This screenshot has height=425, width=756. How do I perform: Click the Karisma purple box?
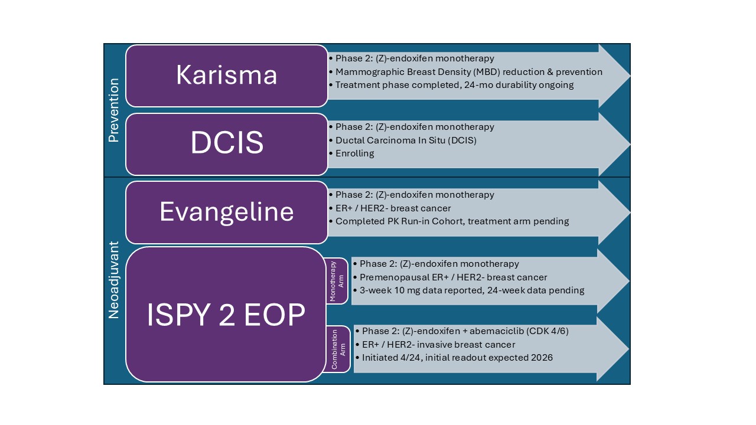pyautogui.click(x=226, y=76)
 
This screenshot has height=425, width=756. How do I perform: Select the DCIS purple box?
pyautogui.click(x=226, y=145)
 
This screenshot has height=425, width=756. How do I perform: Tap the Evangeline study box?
pyautogui.click(x=226, y=212)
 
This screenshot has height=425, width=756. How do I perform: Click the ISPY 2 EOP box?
pyautogui.click(x=226, y=315)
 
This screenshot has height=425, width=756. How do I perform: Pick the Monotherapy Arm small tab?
pyautogui.click(x=337, y=281)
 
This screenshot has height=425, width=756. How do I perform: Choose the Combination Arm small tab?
pyautogui.click(x=338, y=349)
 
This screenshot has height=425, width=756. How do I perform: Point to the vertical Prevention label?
pyautogui.click(x=114, y=110)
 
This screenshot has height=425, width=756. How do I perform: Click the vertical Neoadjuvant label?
pyautogui.click(x=114, y=280)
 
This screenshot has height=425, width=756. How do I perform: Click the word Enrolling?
pyautogui.click(x=355, y=153)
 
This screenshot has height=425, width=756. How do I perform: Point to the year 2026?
pyautogui.click(x=542, y=358)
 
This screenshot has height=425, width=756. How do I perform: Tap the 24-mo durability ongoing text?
pyautogui.click(x=519, y=85)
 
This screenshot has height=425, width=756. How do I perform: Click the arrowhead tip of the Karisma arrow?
pyautogui.click(x=630, y=76)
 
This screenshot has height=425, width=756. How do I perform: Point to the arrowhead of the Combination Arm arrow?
pyautogui.click(x=613, y=349)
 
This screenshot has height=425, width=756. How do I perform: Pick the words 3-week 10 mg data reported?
pyautogui.click(x=422, y=290)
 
